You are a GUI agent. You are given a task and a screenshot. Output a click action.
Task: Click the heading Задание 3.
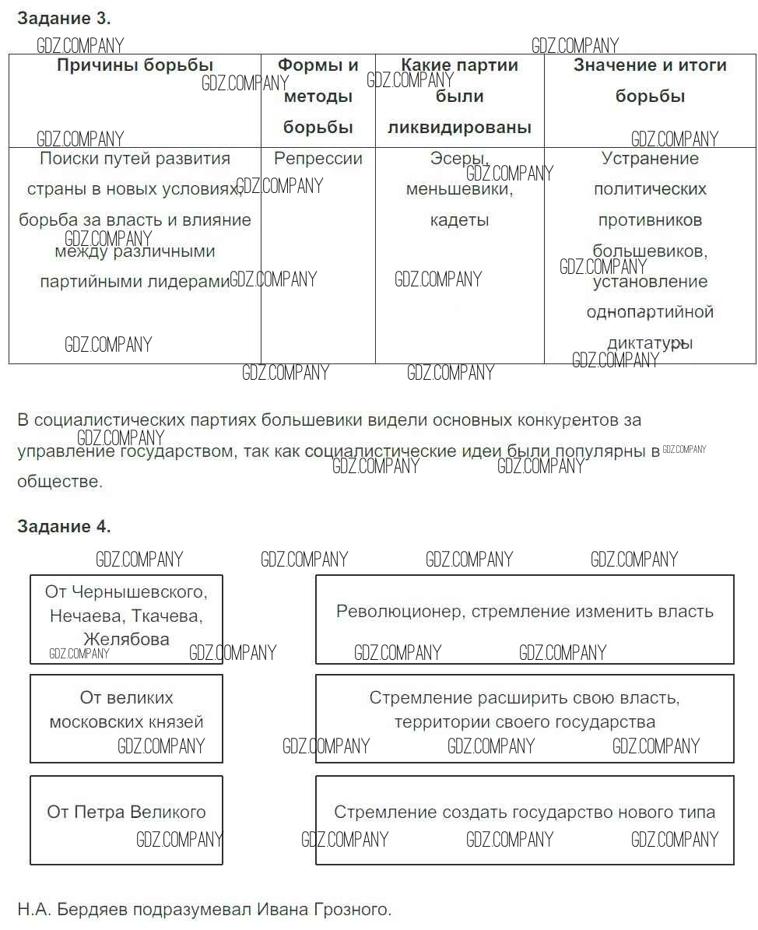pos(64,18)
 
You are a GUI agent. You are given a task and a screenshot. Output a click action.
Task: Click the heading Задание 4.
pos(64,527)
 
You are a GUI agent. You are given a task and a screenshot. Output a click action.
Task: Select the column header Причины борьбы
pos(135,65)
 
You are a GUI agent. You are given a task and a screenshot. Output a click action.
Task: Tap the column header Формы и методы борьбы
pos(318,97)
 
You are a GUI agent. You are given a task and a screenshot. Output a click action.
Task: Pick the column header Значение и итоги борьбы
pos(650,80)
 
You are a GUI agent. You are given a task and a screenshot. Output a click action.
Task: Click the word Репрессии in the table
pos(318,159)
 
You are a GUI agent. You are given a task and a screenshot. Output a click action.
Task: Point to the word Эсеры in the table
pos(459,159)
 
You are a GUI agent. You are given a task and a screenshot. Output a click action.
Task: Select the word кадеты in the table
pos(459,220)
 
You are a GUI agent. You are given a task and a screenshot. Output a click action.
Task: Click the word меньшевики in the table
pos(459,189)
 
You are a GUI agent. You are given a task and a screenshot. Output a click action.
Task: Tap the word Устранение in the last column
pos(650,159)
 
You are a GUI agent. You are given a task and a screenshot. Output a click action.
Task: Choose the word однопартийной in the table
pos(650,312)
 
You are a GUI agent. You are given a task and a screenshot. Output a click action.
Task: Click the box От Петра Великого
pos(126,819)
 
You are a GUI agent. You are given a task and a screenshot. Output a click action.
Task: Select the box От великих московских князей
pos(126,718)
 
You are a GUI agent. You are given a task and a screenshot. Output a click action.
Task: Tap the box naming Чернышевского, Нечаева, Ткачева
pos(126,619)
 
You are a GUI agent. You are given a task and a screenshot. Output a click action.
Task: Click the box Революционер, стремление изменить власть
pos(525,619)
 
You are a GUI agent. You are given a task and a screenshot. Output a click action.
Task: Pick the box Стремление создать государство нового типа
pos(525,819)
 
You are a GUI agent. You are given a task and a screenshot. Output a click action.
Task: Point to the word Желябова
pos(126,640)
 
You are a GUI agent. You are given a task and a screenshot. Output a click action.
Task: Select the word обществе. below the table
pos(59,482)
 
